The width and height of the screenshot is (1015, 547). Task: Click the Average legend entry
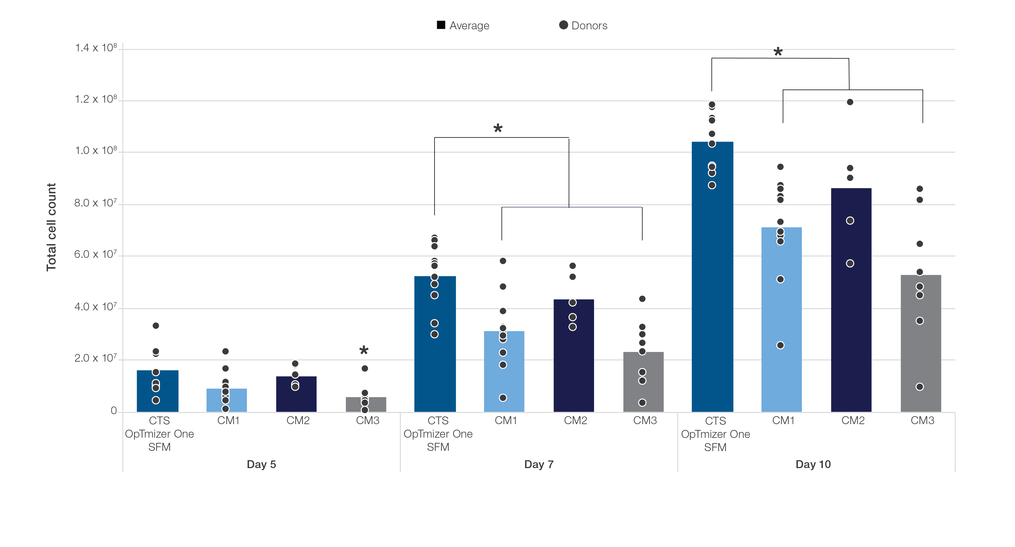[463, 26]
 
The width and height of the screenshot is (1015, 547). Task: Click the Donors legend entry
[583, 26]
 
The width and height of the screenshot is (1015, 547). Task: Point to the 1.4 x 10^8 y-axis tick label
[96, 48]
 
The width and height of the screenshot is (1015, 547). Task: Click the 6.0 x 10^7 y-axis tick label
[95, 254]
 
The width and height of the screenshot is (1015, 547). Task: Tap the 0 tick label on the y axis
[114, 411]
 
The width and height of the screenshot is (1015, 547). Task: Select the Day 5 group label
[261, 464]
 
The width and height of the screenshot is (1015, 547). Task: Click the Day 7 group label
[539, 464]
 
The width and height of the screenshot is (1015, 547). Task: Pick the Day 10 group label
[813, 464]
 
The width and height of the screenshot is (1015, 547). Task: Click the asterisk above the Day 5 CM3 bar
[364, 350]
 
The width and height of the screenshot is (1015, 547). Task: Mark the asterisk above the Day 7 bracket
[498, 128]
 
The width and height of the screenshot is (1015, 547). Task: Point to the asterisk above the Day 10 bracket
[778, 52]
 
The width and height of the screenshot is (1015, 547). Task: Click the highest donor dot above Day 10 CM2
[850, 102]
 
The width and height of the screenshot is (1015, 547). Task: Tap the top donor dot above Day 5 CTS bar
[156, 326]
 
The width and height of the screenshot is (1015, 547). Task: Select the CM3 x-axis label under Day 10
[922, 421]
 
